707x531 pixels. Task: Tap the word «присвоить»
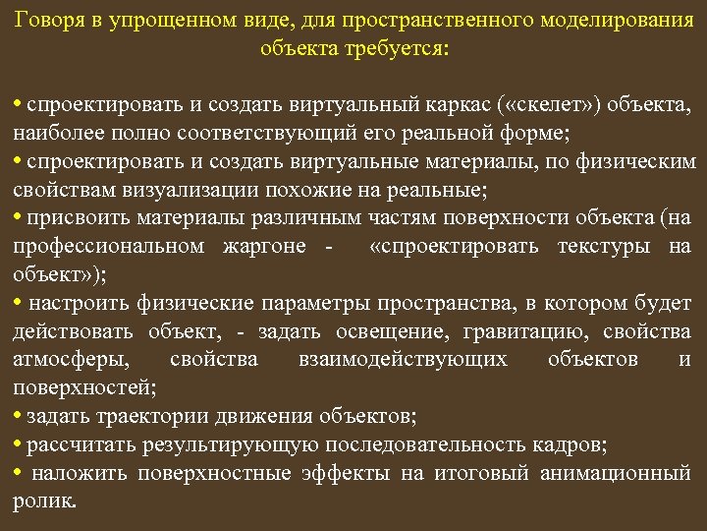[x=73, y=217]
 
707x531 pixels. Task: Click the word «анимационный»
[x=616, y=474]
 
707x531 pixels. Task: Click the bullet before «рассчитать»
[x=19, y=445]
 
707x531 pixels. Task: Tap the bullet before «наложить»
[x=19, y=474]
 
